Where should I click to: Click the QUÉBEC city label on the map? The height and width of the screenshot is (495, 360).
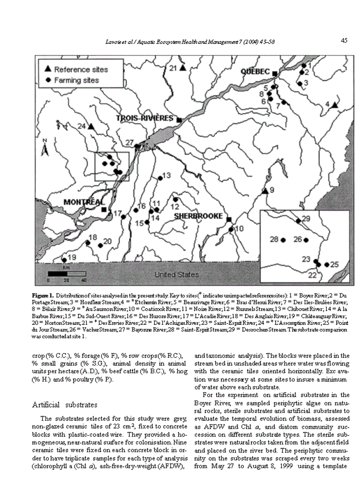(x=255, y=71)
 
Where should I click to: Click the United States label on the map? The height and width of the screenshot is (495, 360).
(x=176, y=275)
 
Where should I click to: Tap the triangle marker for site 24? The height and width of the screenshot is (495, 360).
(x=91, y=127)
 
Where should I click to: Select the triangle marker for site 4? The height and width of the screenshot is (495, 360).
(x=335, y=105)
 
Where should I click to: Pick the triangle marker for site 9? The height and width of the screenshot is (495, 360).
(x=265, y=191)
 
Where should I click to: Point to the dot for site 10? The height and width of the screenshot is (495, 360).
(x=231, y=229)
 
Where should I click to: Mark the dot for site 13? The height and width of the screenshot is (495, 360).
(x=160, y=178)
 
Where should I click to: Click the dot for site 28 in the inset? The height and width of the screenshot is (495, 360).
(x=283, y=240)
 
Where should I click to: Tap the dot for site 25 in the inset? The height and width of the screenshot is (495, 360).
(x=326, y=264)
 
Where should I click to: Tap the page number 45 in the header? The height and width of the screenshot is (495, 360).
(x=344, y=41)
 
